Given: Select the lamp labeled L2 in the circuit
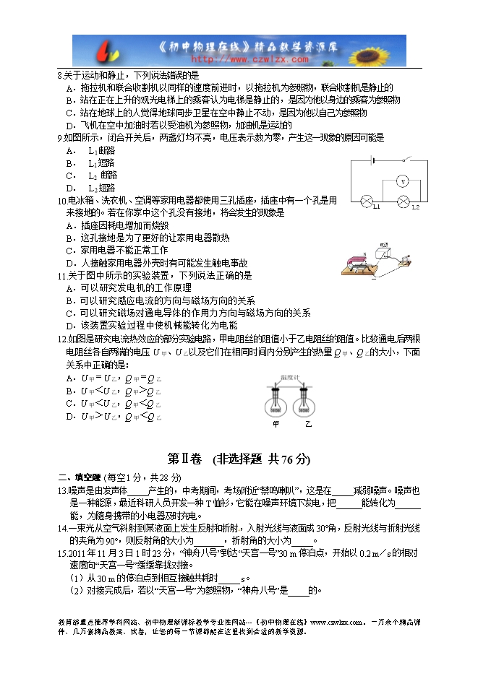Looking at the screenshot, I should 404,200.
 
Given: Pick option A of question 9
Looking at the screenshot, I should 69,150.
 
